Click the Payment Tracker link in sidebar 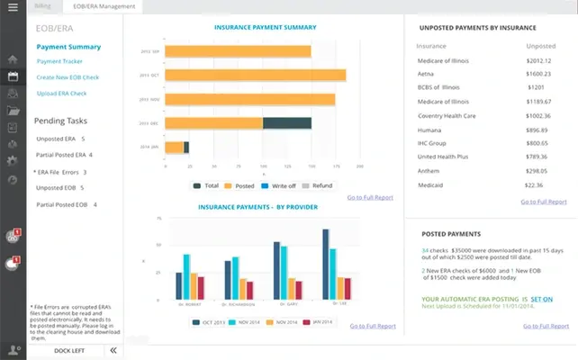pos(59,61)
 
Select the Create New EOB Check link pos(68,77)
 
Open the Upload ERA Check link pos(61,93)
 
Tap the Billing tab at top pos(42,6)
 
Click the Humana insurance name pos(433,130)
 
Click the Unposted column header pos(540,44)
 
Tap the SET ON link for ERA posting pos(541,298)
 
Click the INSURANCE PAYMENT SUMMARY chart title pos(265,28)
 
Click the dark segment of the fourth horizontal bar pos(286,122)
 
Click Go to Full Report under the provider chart pos(371,327)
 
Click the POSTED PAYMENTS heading pos(450,233)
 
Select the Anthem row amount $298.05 pos(536,170)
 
